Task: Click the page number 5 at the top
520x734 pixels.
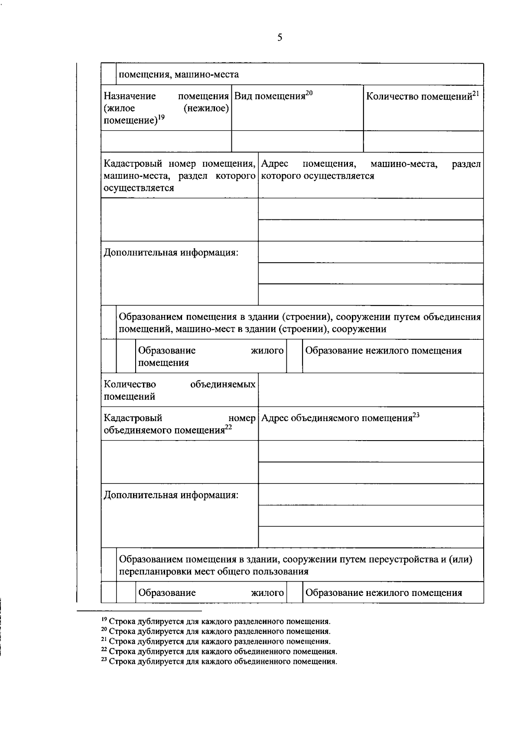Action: tap(279, 38)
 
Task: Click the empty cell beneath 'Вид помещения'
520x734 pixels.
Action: tap(297, 142)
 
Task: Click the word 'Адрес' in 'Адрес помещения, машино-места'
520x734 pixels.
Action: tap(275, 164)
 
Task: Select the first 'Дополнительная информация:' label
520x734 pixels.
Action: tap(171, 252)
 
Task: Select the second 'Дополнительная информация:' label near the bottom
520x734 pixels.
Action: tap(171, 495)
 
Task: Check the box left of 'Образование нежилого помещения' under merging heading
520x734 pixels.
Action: tap(295, 356)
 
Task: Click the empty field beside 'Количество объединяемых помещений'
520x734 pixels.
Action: tap(370, 390)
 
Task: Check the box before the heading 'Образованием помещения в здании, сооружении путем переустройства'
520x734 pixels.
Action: tap(109, 565)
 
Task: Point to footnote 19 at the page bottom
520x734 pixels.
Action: tap(215, 621)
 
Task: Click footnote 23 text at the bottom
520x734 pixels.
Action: tap(219, 661)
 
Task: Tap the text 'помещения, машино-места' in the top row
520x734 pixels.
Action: tap(179, 74)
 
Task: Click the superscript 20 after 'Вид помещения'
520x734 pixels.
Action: tap(309, 93)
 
